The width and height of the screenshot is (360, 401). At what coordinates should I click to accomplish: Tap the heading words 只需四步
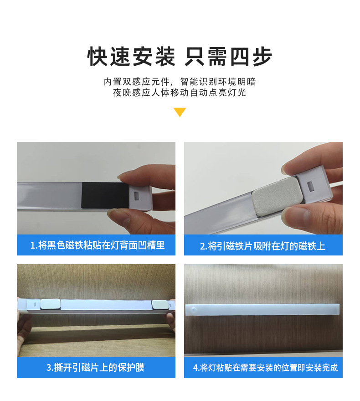click(228, 57)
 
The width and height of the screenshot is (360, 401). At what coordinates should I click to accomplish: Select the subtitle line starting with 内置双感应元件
click(180, 82)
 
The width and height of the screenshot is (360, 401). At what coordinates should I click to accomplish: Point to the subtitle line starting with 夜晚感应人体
click(180, 93)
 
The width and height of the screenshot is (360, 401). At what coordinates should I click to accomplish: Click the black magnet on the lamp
click(105, 194)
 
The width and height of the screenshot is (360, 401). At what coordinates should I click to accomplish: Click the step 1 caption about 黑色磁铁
click(96, 245)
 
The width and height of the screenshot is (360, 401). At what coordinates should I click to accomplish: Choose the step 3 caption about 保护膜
click(96, 367)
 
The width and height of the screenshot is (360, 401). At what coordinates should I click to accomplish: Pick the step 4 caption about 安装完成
click(263, 368)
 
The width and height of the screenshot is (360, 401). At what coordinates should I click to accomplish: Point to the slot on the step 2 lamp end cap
click(311, 186)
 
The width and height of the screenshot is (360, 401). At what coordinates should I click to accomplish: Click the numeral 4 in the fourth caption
click(195, 368)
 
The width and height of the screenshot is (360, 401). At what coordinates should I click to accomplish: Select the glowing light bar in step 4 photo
click(263, 311)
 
